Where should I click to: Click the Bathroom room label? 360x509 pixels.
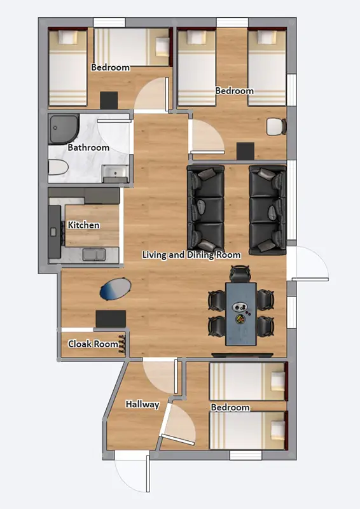88,148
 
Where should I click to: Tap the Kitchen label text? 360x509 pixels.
83,225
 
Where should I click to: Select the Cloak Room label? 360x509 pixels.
93,344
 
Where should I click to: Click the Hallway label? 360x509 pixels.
142,404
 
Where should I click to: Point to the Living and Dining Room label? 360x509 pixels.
191,255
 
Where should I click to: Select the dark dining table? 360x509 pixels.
241,313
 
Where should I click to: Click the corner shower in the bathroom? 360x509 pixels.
64,129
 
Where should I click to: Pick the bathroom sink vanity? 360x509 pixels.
114,172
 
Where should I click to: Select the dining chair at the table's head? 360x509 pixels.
240,274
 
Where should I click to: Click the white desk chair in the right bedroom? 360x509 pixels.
275,127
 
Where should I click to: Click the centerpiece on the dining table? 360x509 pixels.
241,312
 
